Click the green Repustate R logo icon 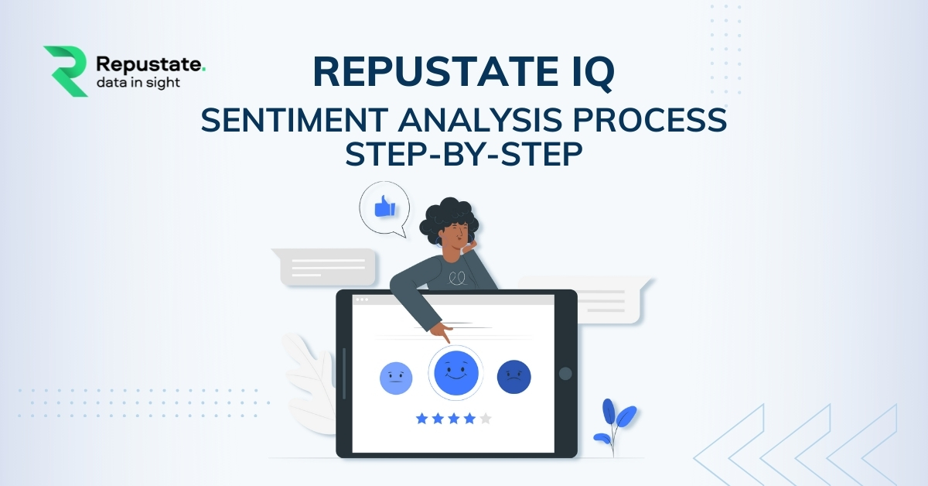coord(67,71)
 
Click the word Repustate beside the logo coord(149,64)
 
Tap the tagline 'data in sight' coord(138,83)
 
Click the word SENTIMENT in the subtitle coord(294,120)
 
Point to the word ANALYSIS coord(480,120)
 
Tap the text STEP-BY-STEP coord(464,154)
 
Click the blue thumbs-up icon coord(385,206)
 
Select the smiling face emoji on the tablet coord(456,372)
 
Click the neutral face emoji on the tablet coord(396,378)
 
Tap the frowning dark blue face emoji coord(513,377)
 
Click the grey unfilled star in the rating coord(486,419)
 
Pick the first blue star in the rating coord(421,419)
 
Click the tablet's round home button coord(565,374)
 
